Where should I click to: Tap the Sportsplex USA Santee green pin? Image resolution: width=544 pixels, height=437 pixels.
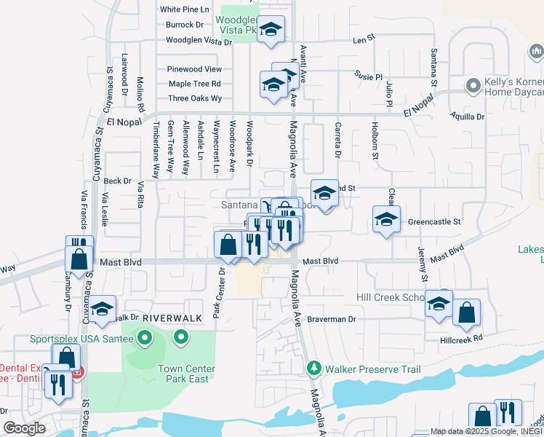[x=144, y=338]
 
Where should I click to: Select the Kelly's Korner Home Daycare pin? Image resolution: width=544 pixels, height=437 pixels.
[x=473, y=85]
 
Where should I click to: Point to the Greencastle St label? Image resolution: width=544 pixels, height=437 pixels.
[x=434, y=221]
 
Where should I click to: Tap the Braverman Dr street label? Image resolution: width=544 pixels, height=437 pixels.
[x=331, y=319]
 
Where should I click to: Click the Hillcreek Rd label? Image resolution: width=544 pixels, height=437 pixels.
[x=461, y=339]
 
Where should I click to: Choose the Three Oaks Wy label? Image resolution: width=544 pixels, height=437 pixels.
[x=195, y=98]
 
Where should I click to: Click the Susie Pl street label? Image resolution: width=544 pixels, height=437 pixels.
[x=368, y=76]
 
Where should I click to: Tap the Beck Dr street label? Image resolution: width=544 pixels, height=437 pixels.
[x=117, y=181]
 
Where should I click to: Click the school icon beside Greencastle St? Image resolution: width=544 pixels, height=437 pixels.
[x=386, y=219]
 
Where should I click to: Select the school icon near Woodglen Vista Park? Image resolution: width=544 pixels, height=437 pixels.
[x=271, y=30]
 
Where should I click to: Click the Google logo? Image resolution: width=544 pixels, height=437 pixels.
[x=24, y=428]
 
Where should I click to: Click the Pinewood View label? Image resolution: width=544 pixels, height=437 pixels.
[x=194, y=69]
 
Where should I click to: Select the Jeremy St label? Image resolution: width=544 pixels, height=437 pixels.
[x=423, y=265]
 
